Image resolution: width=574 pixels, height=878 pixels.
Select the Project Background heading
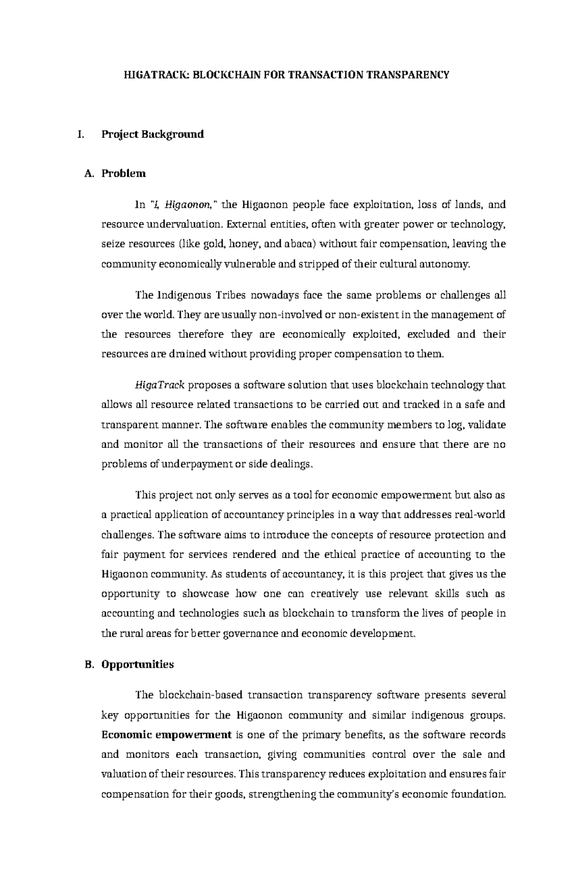coord(153,134)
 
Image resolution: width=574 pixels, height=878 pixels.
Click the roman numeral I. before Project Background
coord(80,134)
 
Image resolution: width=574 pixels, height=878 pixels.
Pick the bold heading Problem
coord(123,174)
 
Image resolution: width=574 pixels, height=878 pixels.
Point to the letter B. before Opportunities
coord(88,665)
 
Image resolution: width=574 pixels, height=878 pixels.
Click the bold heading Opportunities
coord(138,665)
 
